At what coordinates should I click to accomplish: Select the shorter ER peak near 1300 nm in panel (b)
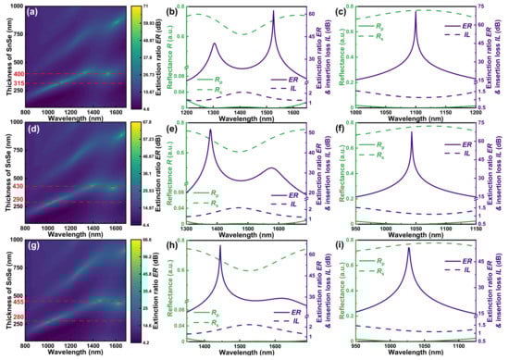[x=214, y=43]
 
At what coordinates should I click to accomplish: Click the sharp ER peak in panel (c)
[x=416, y=12]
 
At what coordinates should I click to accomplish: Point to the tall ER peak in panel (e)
[x=211, y=130]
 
